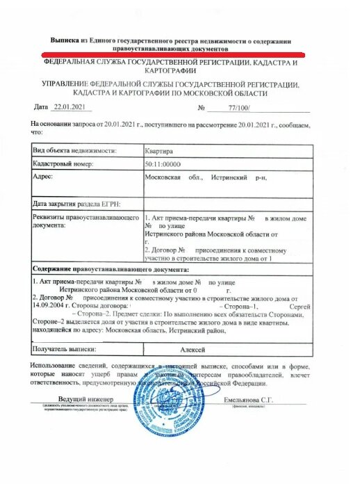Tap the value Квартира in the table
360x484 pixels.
tap(158, 150)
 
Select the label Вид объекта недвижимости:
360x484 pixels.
tap(75, 150)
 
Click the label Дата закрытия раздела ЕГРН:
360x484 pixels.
tap(76, 204)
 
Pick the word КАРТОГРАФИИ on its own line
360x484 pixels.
tap(171, 71)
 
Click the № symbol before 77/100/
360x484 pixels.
tap(202, 108)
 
